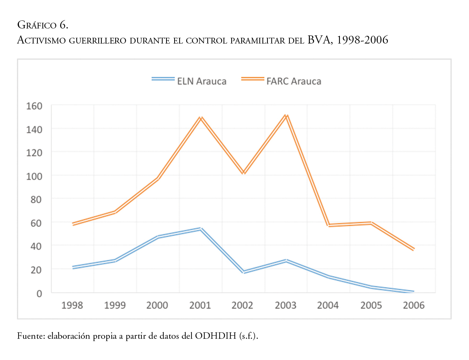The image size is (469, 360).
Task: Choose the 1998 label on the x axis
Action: click(x=72, y=305)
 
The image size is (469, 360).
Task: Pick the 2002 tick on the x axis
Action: click(x=242, y=305)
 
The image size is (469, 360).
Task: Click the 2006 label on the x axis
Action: click(x=413, y=305)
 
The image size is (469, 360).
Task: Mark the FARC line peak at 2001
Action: click(x=200, y=118)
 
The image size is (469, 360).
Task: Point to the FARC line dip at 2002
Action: click(x=243, y=173)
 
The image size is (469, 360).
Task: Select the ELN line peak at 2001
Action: click(x=200, y=229)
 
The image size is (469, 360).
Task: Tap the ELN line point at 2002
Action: click(x=243, y=272)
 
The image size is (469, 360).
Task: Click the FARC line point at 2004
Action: click(x=328, y=225)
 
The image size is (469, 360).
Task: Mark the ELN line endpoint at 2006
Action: click(x=413, y=291)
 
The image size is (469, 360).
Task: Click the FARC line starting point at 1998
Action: click(x=72, y=224)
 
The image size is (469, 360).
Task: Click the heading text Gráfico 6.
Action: click(x=43, y=26)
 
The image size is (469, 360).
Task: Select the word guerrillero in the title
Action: click(x=99, y=40)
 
